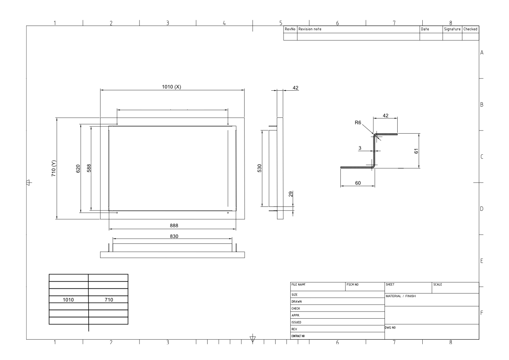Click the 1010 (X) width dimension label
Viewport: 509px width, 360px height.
pos(171,87)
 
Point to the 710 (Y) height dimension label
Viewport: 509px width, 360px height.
pos(54,168)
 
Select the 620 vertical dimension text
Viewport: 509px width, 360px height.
pos(78,169)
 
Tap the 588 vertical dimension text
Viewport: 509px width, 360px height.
pos(89,168)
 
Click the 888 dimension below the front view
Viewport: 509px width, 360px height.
pos(174,226)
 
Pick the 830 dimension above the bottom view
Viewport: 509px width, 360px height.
pos(174,236)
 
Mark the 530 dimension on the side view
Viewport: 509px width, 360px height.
pos(260,168)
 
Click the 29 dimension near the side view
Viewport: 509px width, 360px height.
pos(291,194)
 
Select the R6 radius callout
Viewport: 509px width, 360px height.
pos(358,123)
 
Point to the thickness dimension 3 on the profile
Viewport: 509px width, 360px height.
pos(360,148)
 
